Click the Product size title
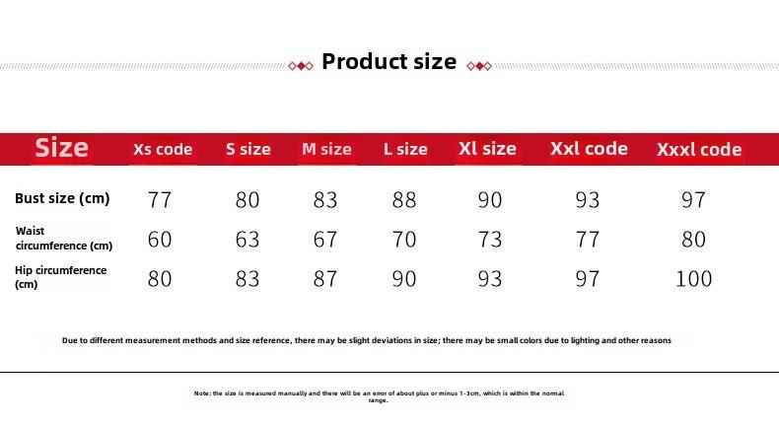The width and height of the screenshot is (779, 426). (x=389, y=62)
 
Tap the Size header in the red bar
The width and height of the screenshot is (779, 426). (x=61, y=148)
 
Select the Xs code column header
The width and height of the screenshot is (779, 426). (x=163, y=149)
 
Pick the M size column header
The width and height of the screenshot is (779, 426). (x=326, y=149)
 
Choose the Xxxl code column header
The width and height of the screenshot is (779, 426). (x=699, y=149)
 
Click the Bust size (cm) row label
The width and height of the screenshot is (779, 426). (x=62, y=198)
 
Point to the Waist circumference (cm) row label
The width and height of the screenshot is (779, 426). (x=64, y=238)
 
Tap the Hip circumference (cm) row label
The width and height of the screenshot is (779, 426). (x=60, y=277)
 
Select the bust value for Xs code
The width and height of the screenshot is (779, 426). (x=160, y=200)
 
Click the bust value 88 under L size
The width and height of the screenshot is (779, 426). (x=404, y=200)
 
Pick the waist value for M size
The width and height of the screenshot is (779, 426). (x=325, y=240)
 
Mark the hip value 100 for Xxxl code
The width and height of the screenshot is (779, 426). (x=693, y=279)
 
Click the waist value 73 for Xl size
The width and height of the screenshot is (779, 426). (x=490, y=240)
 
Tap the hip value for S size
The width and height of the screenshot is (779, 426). (x=248, y=279)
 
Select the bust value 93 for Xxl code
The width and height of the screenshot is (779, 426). (x=588, y=200)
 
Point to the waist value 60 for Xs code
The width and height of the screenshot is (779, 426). (x=160, y=240)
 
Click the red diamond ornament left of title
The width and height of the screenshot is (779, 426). (x=301, y=66)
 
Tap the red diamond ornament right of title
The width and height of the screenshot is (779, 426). (x=479, y=66)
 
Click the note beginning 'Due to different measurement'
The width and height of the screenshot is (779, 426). (x=367, y=340)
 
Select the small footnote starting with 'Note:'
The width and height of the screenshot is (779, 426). (x=379, y=396)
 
